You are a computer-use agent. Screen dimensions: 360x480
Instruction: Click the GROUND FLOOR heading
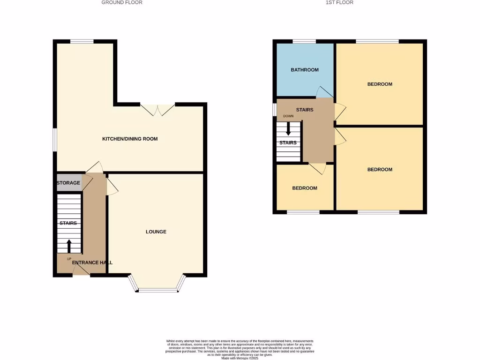tap(122, 2)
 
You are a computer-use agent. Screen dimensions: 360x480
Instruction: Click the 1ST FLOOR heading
tap(339, 2)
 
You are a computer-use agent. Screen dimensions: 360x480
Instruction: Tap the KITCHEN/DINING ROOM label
tap(130, 139)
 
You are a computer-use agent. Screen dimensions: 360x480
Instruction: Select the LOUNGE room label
tap(156, 232)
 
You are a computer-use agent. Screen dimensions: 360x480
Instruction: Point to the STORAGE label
tap(68, 183)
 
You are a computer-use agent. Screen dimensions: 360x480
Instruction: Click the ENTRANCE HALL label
tap(92, 262)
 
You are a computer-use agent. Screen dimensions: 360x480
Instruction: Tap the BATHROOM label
tap(305, 70)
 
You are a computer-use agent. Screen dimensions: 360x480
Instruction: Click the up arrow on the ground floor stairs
tap(69, 246)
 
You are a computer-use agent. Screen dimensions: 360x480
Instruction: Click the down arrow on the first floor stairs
tap(288, 128)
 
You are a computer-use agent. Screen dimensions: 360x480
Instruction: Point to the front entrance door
tap(80, 270)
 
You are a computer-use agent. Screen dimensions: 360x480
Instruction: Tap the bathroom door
tap(324, 92)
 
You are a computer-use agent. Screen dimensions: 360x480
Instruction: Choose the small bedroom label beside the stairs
tap(305, 188)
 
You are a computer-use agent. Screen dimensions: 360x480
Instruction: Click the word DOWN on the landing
tap(288, 116)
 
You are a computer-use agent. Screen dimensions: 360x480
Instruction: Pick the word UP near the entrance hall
tap(69, 259)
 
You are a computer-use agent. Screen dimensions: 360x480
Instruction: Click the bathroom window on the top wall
tap(304, 42)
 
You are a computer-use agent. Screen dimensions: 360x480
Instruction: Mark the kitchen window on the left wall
tap(54, 140)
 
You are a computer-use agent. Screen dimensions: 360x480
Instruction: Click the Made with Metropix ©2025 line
tap(240, 358)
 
